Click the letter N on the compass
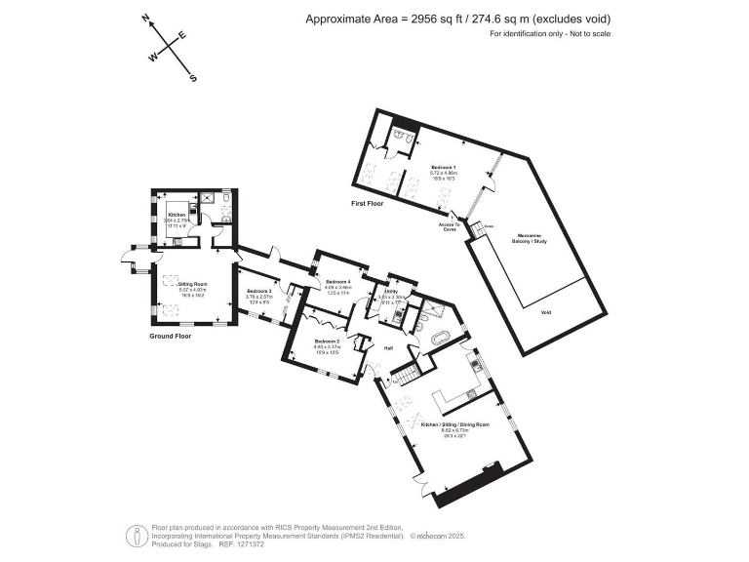(145, 19)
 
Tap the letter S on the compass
(193, 78)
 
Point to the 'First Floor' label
(368, 204)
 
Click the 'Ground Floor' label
(169, 336)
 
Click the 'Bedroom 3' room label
(258, 292)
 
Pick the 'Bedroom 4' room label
(338, 282)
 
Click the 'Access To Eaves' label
(449, 226)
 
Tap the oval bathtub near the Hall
(439, 340)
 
